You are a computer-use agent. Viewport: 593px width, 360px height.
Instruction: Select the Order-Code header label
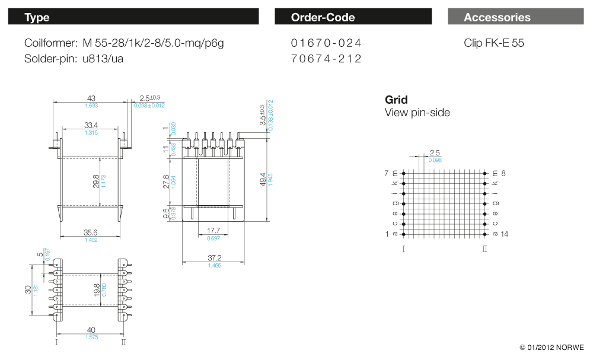click(323, 17)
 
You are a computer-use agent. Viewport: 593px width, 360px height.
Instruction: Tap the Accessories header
click(497, 17)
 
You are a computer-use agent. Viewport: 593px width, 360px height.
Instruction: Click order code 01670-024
click(326, 43)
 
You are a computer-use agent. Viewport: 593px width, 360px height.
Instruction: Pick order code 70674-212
click(326, 59)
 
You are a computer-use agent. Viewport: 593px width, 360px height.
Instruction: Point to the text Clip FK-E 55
click(494, 43)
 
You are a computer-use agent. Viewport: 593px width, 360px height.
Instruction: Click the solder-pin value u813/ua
click(103, 59)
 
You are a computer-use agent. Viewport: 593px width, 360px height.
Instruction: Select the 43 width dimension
click(91, 98)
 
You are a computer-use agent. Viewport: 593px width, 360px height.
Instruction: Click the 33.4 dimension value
click(91, 125)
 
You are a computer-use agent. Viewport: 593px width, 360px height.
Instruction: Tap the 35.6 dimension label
click(91, 233)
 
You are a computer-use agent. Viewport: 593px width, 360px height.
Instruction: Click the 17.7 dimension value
click(213, 230)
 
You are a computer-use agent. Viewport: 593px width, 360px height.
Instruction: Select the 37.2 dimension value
click(214, 258)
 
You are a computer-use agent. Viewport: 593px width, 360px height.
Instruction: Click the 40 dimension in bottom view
click(91, 330)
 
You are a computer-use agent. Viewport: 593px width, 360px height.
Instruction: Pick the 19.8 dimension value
click(96, 289)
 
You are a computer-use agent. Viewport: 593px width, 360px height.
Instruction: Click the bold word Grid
click(396, 100)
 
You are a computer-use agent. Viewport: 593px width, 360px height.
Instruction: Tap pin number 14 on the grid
click(505, 234)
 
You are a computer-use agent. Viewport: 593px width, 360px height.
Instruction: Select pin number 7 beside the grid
click(387, 173)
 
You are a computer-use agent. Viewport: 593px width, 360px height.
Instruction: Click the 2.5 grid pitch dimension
click(435, 153)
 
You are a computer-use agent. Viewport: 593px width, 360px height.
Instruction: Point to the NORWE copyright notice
click(551, 347)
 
